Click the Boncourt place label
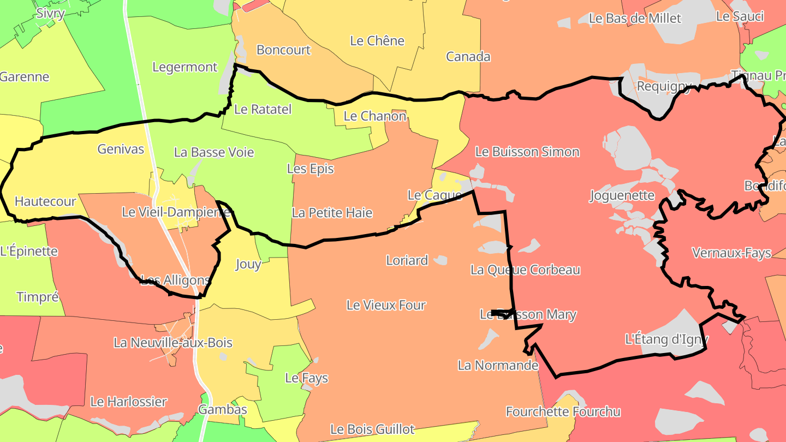[x=283, y=50]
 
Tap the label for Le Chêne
[x=377, y=40]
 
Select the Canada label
[x=468, y=56]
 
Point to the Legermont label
[x=184, y=67]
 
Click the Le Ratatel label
[x=263, y=109]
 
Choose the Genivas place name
[x=121, y=148]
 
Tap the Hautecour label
[x=45, y=201]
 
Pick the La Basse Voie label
[x=214, y=152]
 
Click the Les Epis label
[x=310, y=169]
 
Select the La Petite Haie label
[x=332, y=212]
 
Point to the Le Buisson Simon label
[x=527, y=151]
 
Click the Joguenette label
[x=622, y=195]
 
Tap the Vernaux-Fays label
[x=731, y=253]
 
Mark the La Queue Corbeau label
[x=525, y=270]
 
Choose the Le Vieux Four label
[x=386, y=305]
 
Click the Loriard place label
[x=407, y=260]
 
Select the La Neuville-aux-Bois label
[x=173, y=343]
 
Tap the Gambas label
[x=222, y=409]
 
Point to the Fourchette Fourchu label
[x=563, y=411]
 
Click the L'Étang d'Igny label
[x=666, y=339]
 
